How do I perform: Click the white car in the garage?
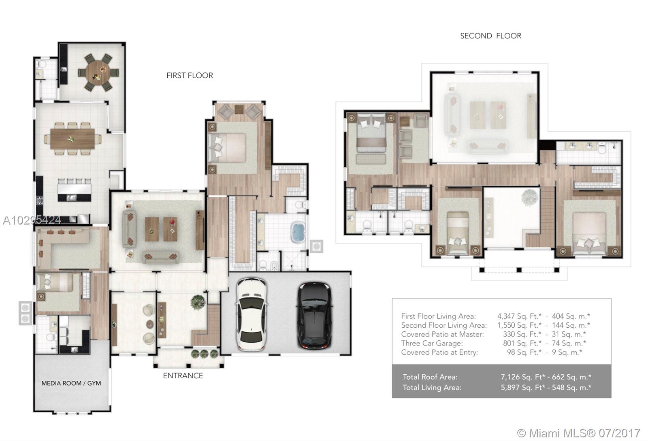coord(252,314)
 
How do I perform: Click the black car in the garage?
coord(315,315)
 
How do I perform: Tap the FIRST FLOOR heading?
coord(190,75)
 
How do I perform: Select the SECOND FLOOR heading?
coord(490,36)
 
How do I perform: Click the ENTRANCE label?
coord(183,376)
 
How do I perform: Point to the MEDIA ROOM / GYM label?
coord(71,383)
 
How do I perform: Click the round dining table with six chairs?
coord(98,72)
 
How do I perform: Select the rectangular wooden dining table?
coord(72,139)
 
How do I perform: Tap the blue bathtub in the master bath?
coord(298,232)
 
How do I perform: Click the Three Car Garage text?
coord(432,343)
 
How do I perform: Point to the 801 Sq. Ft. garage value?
coord(522,343)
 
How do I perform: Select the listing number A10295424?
coord(32,220)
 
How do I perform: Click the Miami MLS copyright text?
coord(579,433)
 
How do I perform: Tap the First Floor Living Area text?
coord(438,316)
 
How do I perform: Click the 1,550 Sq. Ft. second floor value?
coord(519,325)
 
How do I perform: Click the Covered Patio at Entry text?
coord(439,352)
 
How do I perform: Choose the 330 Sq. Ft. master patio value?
coord(522,334)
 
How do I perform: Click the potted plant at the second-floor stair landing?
coord(529,198)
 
